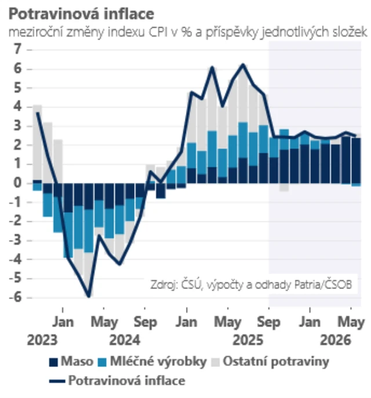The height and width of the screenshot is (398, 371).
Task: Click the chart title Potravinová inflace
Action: point(82,13)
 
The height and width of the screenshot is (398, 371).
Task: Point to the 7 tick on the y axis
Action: point(17,50)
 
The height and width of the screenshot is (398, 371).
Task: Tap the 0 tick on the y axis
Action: point(17,183)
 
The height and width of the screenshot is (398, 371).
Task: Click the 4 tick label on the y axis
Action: point(17,107)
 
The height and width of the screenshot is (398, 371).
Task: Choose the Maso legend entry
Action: point(72,362)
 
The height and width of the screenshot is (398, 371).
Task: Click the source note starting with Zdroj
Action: point(250,285)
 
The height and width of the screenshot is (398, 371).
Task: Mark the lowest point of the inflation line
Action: point(89,296)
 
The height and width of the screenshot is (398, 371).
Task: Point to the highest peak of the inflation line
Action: point(242,64)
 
